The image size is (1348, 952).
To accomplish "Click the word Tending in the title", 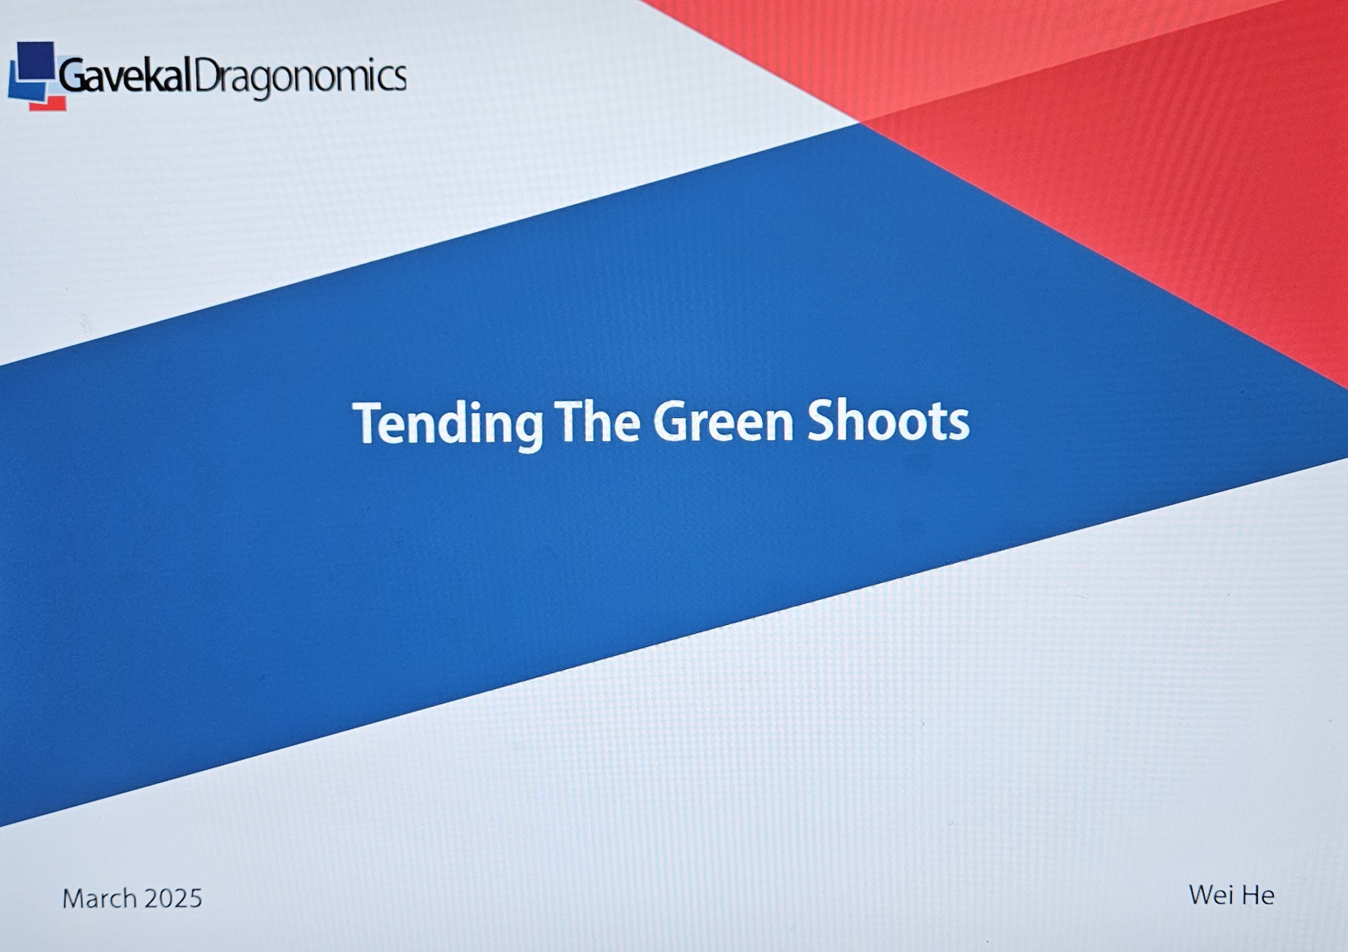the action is (448, 424).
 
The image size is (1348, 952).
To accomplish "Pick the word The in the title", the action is (599, 421).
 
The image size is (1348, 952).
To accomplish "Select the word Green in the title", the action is (724, 421).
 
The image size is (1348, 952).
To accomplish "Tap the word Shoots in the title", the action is (888, 421).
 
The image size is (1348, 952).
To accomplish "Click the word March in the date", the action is (100, 899).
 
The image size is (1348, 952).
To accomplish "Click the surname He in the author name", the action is (1257, 896).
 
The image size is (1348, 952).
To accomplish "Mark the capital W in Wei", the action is (1201, 895).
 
